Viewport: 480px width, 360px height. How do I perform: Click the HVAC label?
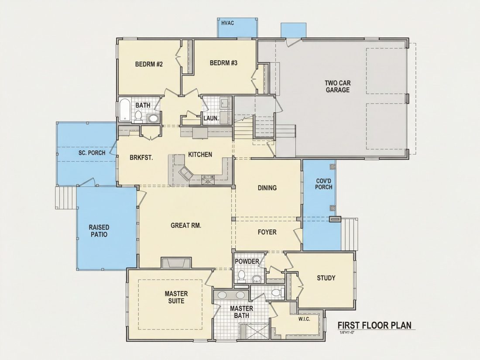click(227, 23)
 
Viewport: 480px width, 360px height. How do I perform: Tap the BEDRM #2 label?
click(149, 64)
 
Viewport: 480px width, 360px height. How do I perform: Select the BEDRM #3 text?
click(223, 63)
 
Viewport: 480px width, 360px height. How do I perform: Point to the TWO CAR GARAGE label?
click(338, 86)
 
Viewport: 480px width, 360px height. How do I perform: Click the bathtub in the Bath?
click(125, 109)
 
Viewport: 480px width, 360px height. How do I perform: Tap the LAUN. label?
click(211, 118)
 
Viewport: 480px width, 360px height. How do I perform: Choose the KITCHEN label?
click(200, 154)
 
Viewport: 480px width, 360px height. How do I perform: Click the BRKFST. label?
click(141, 158)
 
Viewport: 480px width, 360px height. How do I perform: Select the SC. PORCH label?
click(92, 153)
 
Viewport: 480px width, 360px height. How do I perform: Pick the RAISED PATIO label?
click(99, 231)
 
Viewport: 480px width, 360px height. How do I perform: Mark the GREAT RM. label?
click(186, 226)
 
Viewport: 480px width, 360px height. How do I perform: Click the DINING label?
click(267, 188)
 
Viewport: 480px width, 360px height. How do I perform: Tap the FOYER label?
click(267, 232)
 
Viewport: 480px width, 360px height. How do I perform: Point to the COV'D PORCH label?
click(324, 184)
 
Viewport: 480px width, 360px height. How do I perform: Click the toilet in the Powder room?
click(242, 276)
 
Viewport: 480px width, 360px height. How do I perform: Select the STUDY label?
click(326, 278)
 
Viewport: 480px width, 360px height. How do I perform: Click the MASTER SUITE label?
click(176, 297)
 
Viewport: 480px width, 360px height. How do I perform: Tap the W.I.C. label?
click(304, 319)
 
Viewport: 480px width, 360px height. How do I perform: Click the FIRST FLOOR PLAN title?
click(374, 325)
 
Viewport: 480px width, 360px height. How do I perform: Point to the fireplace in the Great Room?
click(177, 263)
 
